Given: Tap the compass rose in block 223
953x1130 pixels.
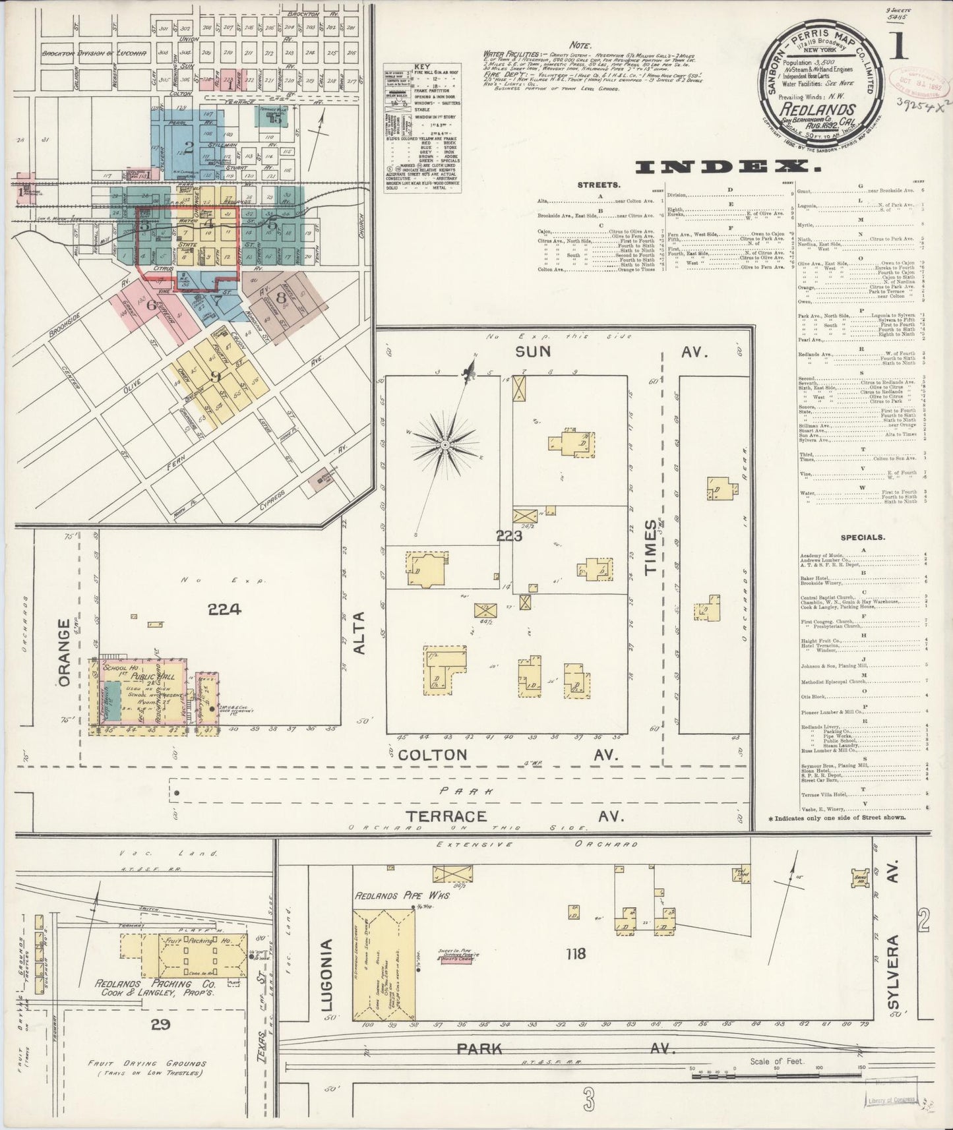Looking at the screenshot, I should pyautogui.click(x=445, y=446).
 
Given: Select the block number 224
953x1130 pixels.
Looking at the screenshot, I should pyautogui.click(x=224, y=610).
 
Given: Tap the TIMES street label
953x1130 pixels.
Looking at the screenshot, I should pyautogui.click(x=652, y=547).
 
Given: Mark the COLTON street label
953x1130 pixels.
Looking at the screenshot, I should pyautogui.click(x=434, y=754).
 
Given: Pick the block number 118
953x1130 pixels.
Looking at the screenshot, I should pyautogui.click(x=576, y=953).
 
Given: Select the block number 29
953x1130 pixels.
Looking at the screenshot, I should pyautogui.click(x=160, y=1024).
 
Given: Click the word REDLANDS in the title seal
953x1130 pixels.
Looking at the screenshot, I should pyautogui.click(x=824, y=109).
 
